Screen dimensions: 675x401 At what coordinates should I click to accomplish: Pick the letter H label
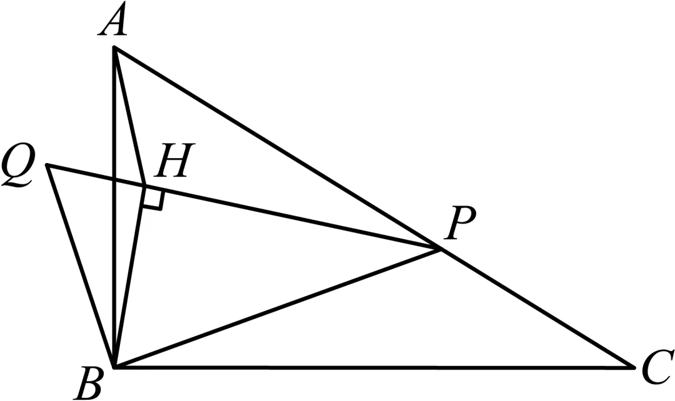pyautogui.click(x=174, y=161)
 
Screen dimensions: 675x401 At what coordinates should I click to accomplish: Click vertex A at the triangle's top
pyautogui.click(x=114, y=47)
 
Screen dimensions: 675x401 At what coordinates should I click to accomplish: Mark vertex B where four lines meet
pyautogui.click(x=114, y=367)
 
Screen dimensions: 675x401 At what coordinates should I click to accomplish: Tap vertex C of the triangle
pyautogui.click(x=634, y=367)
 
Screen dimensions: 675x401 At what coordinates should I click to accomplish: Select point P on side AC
pyautogui.click(x=439, y=249)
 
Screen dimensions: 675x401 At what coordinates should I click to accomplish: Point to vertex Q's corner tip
pyautogui.click(x=47, y=165)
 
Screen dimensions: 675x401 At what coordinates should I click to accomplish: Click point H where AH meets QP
pyautogui.click(x=145, y=186)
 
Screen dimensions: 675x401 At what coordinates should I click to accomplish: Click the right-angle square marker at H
pyautogui.click(x=154, y=199)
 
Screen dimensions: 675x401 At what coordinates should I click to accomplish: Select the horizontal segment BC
pyautogui.click(x=374, y=367)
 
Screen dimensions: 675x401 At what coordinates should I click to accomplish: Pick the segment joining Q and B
pyautogui.click(x=81, y=266)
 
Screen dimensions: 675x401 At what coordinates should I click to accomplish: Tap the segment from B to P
pyautogui.click(x=277, y=308)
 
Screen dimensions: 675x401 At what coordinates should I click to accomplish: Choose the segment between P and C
pyautogui.click(x=536, y=308)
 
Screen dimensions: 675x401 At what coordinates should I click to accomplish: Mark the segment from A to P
pyautogui.click(x=277, y=148)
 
